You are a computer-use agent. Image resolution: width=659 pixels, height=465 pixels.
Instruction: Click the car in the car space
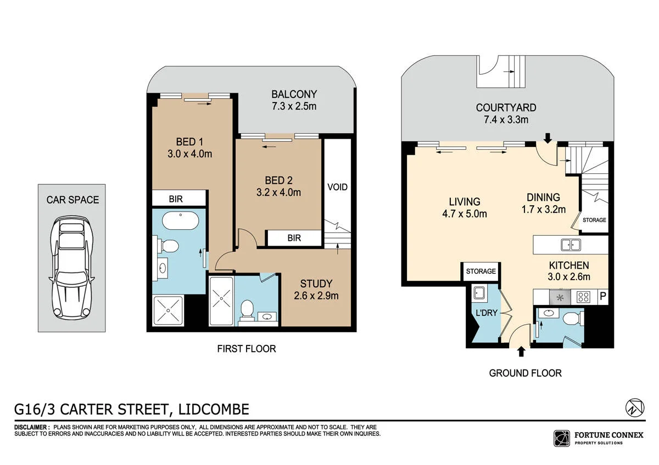(72, 268)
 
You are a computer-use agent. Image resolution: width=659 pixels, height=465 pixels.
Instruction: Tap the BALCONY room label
(294, 94)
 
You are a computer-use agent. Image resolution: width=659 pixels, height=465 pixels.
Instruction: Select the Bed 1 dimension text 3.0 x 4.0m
(190, 154)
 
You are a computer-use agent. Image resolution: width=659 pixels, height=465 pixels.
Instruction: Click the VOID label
(337, 187)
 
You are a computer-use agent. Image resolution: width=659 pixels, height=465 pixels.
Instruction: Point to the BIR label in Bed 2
(294, 238)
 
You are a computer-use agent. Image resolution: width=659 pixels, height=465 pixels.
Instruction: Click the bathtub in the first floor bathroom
(180, 221)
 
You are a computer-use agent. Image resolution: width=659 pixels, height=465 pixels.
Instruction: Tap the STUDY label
(316, 283)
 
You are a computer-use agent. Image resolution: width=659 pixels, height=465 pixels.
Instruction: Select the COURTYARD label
(506, 108)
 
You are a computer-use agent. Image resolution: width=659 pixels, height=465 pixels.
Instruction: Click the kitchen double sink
(571, 245)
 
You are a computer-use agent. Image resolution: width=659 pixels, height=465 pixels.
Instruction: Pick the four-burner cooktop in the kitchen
(583, 297)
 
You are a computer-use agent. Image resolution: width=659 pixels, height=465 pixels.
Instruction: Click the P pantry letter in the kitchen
(603, 296)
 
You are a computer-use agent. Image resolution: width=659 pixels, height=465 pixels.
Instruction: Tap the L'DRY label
(487, 313)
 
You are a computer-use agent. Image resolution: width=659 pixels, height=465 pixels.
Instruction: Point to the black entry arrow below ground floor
(521, 351)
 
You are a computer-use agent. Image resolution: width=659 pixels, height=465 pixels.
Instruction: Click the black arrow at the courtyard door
(548, 138)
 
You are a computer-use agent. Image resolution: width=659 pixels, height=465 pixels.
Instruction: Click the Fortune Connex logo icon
(562, 439)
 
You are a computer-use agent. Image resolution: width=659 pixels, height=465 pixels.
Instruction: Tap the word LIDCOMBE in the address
(214, 409)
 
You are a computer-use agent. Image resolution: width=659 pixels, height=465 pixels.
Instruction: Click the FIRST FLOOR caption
(247, 349)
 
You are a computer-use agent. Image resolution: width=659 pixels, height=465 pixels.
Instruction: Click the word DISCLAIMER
(31, 427)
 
